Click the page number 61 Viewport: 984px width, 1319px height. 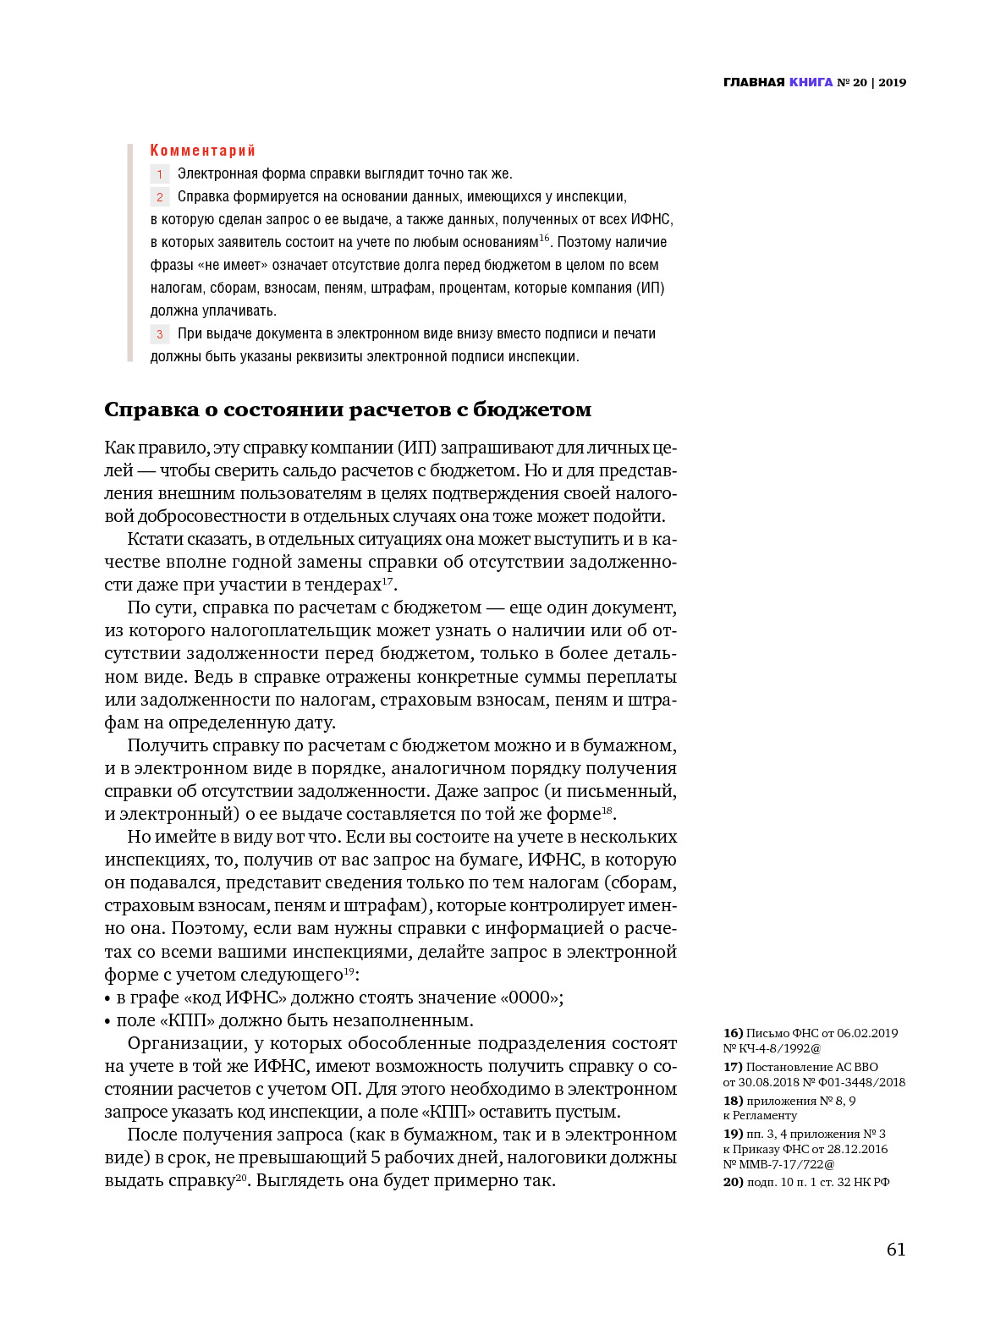click(896, 1250)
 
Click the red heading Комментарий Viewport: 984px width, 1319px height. click(203, 151)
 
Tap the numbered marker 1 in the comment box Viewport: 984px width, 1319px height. click(160, 174)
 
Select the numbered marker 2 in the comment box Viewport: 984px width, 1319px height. click(160, 197)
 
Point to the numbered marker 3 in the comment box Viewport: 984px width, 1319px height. click(160, 334)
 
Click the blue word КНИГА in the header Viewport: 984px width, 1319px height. click(811, 82)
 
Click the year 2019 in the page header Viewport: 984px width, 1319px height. click(892, 82)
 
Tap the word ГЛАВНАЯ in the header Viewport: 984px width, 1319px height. click(754, 82)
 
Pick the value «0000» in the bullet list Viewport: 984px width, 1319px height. click(530, 997)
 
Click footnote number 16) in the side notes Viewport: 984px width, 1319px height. click(733, 1033)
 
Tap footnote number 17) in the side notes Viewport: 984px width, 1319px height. click(733, 1067)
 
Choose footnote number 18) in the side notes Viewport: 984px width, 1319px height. click(733, 1101)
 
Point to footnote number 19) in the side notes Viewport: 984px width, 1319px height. click(733, 1134)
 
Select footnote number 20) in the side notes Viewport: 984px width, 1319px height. click(733, 1182)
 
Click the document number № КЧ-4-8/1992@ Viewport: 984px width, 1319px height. click(772, 1048)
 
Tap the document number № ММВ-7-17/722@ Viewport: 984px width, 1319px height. click(779, 1164)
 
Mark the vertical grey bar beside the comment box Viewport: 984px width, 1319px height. click(130, 253)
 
